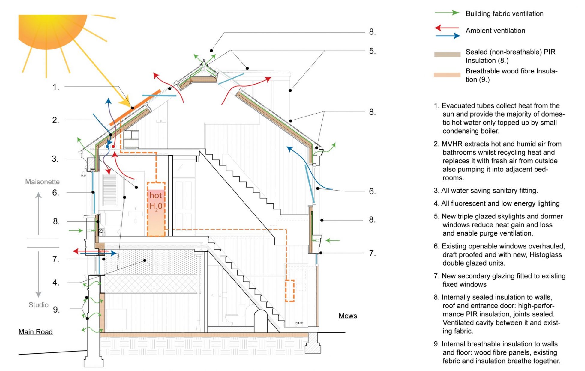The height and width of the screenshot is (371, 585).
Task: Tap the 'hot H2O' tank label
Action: point(156,201)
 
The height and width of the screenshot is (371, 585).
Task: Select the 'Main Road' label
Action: point(35,332)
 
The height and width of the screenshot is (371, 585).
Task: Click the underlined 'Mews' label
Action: point(348,316)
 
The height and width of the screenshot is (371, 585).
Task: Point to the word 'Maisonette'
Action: point(42,182)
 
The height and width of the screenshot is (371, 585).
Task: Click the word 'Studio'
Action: point(38,305)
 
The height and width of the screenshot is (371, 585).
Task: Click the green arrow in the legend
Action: point(447,13)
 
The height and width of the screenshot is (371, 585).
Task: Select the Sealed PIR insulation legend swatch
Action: point(447,55)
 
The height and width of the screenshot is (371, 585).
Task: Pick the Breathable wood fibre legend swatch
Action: point(447,75)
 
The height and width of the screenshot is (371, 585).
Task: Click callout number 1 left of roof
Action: point(56,87)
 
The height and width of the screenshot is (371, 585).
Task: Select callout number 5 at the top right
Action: point(372,51)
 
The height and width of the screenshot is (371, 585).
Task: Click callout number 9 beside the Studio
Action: point(56,310)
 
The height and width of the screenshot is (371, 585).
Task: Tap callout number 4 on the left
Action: point(56,282)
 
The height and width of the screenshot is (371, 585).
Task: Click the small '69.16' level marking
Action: point(299,323)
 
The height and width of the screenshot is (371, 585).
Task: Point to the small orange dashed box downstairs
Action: point(289,291)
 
